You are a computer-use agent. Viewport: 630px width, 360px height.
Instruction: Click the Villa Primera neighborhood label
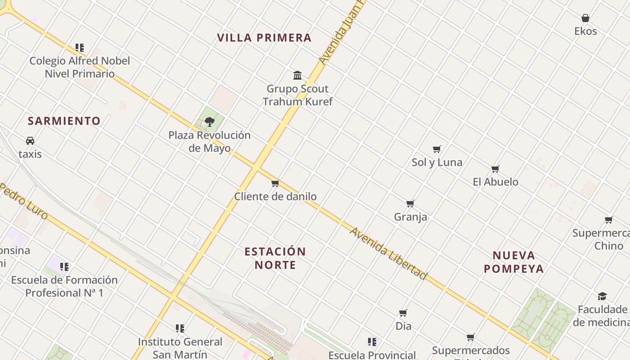[x=264, y=38]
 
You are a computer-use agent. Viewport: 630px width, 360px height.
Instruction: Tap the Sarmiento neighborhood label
[x=64, y=121]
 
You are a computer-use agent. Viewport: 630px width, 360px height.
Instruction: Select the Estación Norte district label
[x=275, y=258]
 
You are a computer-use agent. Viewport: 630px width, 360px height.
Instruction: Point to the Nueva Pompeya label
[x=513, y=262]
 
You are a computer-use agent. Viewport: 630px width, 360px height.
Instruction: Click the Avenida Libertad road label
[x=388, y=253]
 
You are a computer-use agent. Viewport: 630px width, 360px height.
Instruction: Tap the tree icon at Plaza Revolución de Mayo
[x=209, y=121]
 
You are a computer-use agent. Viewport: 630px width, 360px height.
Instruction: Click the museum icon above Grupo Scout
[x=297, y=75]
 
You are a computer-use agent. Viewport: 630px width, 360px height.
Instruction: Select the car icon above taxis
[x=30, y=141]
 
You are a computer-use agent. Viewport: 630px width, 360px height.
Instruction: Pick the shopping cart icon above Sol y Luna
[x=436, y=149]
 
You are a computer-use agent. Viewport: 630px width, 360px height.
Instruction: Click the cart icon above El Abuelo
[x=495, y=169]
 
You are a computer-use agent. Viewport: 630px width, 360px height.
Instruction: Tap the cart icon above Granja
[x=410, y=204]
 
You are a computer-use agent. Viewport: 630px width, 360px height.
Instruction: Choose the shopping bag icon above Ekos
[x=585, y=18]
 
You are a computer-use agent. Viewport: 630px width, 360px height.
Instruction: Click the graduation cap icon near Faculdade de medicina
[x=602, y=296]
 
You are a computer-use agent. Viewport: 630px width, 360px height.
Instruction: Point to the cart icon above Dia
[x=403, y=313]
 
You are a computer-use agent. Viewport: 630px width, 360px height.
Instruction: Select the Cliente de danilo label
[x=275, y=196]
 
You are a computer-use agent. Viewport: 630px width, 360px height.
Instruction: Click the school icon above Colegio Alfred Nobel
[x=80, y=47]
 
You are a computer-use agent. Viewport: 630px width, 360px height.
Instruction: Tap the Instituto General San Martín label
[x=180, y=348]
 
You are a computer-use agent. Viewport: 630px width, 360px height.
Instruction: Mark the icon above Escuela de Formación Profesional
[x=64, y=267]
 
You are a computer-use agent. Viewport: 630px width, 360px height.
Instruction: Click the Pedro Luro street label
[x=24, y=201]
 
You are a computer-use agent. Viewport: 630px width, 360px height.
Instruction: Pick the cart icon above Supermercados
[x=471, y=337]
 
